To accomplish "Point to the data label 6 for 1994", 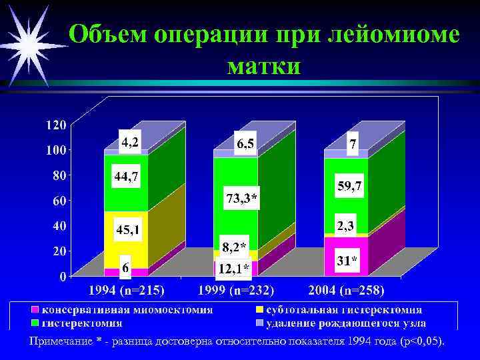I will pos(125,267).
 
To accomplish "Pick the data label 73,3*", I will pos(242,199).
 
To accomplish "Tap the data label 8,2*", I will pos(234,247).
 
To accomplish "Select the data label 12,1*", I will pos(232,268).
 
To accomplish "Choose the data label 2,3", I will pos(345,226).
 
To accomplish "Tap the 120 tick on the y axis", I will pos(55,125).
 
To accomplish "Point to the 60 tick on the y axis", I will pos(59,201).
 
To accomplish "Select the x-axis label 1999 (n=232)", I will pos(237,291).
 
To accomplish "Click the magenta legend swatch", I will pos(35,310).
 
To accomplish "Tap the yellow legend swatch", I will pos(259,310).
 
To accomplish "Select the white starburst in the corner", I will pos(28,45).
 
